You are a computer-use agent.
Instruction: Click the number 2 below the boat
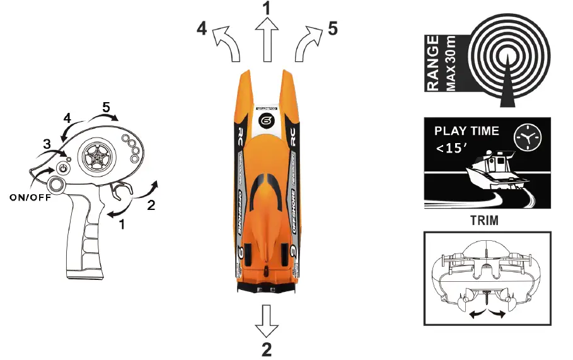[x=267, y=349]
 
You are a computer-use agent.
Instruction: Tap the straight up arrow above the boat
[x=267, y=40]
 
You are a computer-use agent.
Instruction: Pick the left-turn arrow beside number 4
[x=228, y=45]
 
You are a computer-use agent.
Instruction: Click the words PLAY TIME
[x=466, y=131]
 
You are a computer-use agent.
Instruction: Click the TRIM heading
[x=485, y=221]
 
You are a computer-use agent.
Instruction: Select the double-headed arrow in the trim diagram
[x=488, y=313]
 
